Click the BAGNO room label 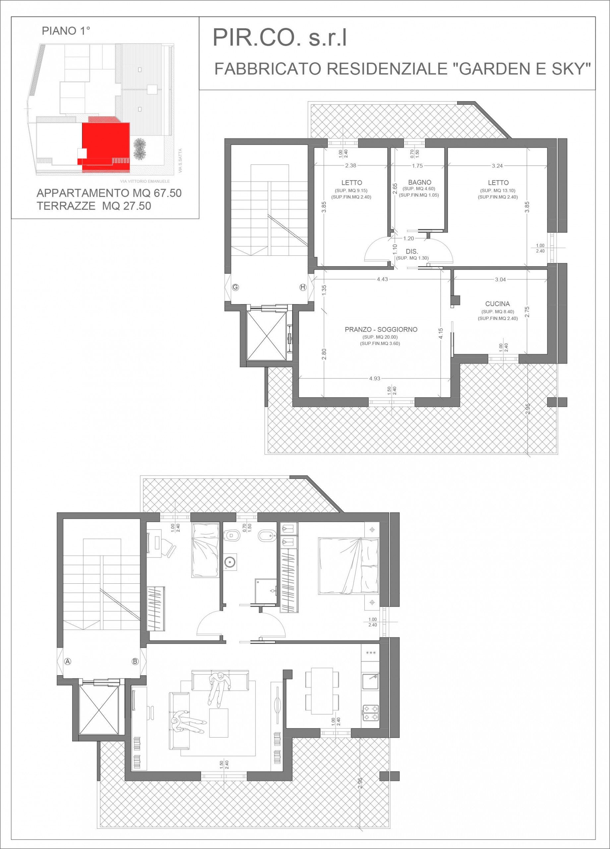tap(419, 182)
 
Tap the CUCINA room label tap(497, 303)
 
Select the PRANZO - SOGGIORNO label tap(381, 329)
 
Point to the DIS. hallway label tap(412, 252)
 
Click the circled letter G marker tap(235, 287)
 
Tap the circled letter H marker tap(303, 287)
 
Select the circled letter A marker tap(68, 661)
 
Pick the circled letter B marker tap(135, 661)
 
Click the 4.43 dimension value tap(382, 279)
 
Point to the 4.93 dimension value tap(375, 378)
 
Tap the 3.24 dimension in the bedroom tap(497, 165)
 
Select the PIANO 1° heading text tap(66, 31)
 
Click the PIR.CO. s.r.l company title tap(279, 38)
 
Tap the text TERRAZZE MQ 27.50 tap(94, 206)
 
